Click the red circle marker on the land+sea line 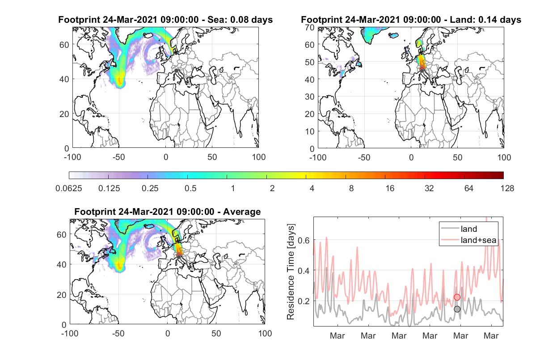tap(457, 297)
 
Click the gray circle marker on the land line tap(457, 309)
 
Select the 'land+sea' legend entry tap(468, 240)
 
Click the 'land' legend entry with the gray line tap(459, 229)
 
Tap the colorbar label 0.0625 tap(69, 188)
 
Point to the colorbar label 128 tap(507, 188)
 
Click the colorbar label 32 tap(429, 188)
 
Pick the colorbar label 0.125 tap(109, 188)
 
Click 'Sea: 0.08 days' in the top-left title tap(240, 20)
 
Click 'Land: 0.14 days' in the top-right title tap(485, 20)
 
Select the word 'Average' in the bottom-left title tap(242, 212)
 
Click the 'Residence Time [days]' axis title tap(291, 272)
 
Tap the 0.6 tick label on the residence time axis tap(304, 240)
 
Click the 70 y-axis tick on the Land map tap(310, 28)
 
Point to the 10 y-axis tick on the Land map tap(310, 131)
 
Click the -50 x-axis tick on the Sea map tap(118, 157)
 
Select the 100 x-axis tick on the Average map tap(265, 333)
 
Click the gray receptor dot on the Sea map tap(176, 71)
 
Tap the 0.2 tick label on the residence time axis tap(304, 301)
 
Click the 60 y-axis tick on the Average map tap(61, 234)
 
